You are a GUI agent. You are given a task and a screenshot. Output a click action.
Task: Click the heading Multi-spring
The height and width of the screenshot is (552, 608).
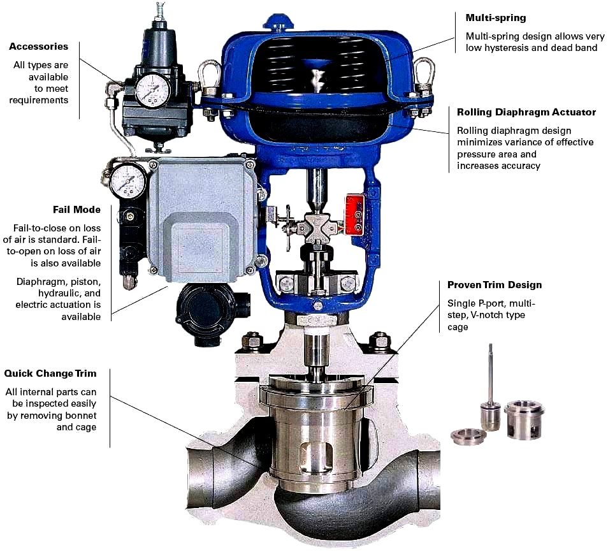[496, 18]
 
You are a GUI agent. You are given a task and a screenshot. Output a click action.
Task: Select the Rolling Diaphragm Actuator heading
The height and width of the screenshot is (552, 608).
[526, 112]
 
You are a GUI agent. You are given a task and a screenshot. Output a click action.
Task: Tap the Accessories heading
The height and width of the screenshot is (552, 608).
[38, 47]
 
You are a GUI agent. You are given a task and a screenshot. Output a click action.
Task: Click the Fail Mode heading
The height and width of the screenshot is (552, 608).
[76, 210]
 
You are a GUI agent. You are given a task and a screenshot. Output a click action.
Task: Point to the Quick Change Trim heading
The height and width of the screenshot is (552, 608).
[50, 374]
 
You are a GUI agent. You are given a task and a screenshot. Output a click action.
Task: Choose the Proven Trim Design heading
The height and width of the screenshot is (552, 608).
[495, 285]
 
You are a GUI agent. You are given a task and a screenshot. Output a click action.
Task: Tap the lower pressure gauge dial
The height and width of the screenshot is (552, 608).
[127, 181]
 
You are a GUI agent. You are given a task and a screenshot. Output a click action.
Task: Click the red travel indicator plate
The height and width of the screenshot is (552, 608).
[355, 215]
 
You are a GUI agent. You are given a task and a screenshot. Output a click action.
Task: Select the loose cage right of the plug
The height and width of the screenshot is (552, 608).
[524, 420]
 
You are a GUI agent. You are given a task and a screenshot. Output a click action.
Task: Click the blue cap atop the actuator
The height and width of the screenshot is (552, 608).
[278, 24]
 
